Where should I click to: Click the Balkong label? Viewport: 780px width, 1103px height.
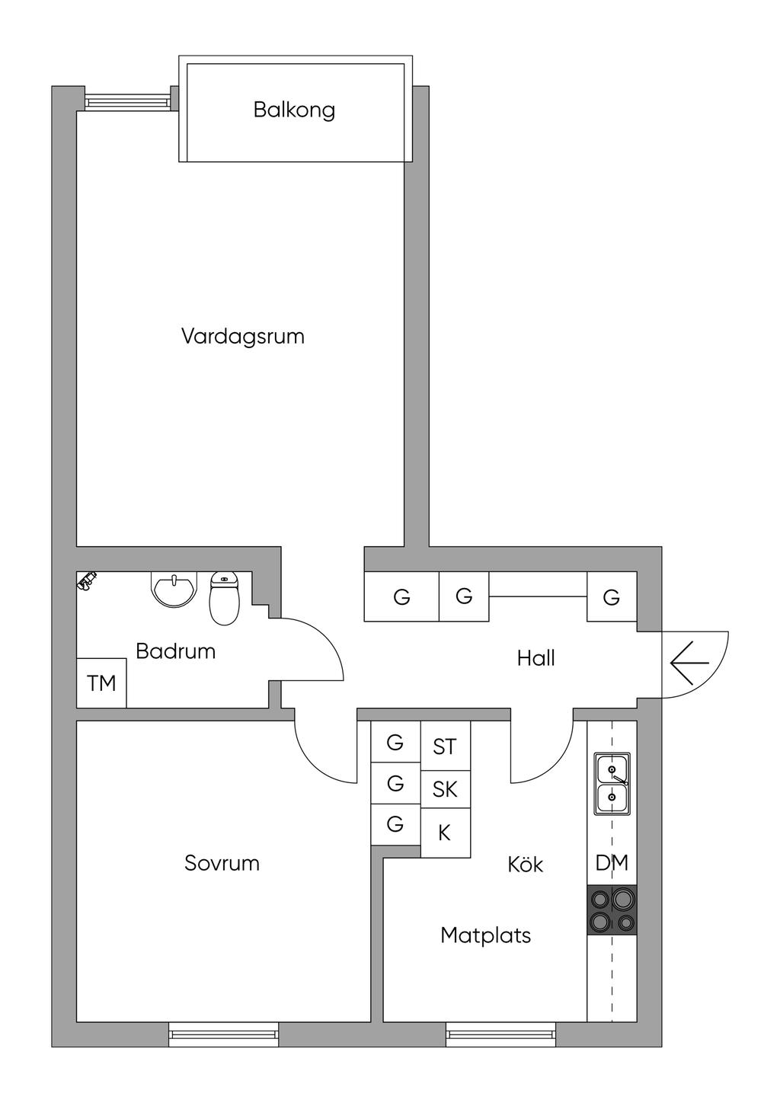[294, 110]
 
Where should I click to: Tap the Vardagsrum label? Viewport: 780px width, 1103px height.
[243, 336]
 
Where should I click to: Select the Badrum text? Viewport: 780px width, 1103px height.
[175, 651]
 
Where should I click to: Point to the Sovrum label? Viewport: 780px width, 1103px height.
[222, 863]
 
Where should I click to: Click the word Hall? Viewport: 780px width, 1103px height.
[535, 658]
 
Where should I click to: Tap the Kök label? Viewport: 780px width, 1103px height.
[526, 865]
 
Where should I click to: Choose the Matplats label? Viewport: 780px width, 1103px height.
[485, 935]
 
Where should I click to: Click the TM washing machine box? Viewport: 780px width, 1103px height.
[101, 683]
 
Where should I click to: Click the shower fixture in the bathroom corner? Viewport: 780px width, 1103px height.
[88, 582]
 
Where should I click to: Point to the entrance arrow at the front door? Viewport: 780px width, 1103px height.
[689, 663]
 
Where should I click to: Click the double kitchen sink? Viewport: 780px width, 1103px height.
[612, 783]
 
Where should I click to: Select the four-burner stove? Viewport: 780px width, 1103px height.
[612, 910]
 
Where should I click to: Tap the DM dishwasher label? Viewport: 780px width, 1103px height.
[612, 863]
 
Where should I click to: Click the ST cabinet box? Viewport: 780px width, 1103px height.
[445, 747]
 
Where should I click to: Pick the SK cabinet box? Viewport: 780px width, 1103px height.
[445, 789]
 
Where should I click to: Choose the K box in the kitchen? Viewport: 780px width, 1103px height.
[445, 833]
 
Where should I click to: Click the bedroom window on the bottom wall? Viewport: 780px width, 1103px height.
[223, 1034]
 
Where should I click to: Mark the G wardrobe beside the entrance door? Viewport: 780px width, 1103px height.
[611, 597]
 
